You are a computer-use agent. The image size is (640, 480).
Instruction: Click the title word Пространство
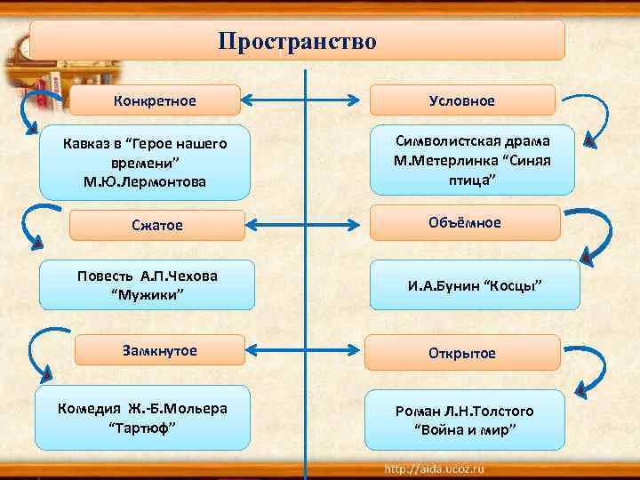tap(297, 42)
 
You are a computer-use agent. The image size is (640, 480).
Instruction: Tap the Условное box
tap(461, 100)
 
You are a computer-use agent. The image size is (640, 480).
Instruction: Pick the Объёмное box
tap(464, 222)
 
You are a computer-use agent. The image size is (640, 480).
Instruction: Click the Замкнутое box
tap(159, 350)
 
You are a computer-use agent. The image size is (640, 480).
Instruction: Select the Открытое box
tap(464, 353)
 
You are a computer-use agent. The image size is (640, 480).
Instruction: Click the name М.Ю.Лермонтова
tap(142, 181)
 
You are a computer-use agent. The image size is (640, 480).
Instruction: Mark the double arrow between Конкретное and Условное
tap(305, 100)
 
